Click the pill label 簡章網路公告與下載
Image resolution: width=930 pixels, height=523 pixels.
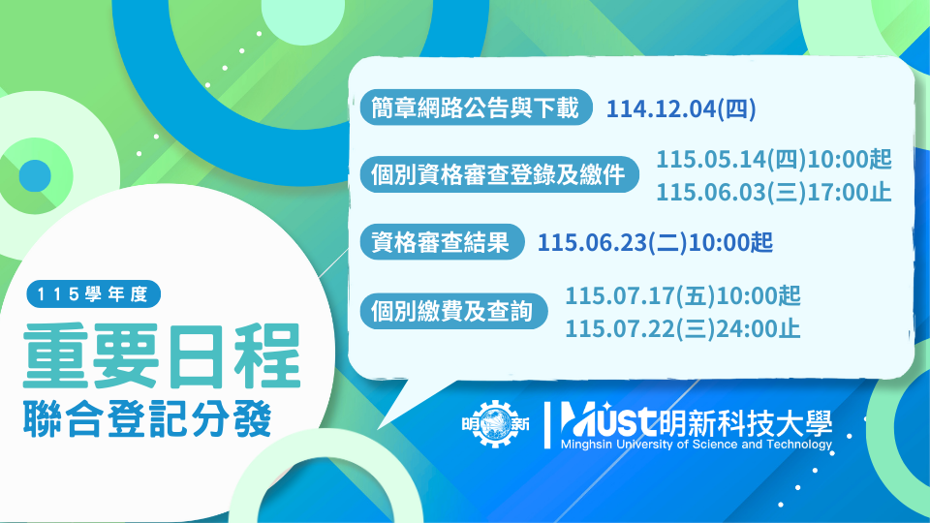[x=476, y=108]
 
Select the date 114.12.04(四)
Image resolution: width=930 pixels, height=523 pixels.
[x=681, y=108]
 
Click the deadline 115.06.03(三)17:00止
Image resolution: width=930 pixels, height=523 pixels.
[x=773, y=192]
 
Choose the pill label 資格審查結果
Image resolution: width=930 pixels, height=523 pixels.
[x=441, y=242]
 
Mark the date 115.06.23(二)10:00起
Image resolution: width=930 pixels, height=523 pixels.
[x=655, y=242]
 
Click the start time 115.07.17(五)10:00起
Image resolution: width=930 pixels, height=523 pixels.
[x=683, y=294]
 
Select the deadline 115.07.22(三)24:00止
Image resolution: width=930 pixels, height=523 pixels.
[x=683, y=328]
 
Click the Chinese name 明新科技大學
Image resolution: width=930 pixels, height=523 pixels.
[x=744, y=420]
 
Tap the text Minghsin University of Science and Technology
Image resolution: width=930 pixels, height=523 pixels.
[x=696, y=445]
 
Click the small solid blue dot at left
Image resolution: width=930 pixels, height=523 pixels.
[x=35, y=174]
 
